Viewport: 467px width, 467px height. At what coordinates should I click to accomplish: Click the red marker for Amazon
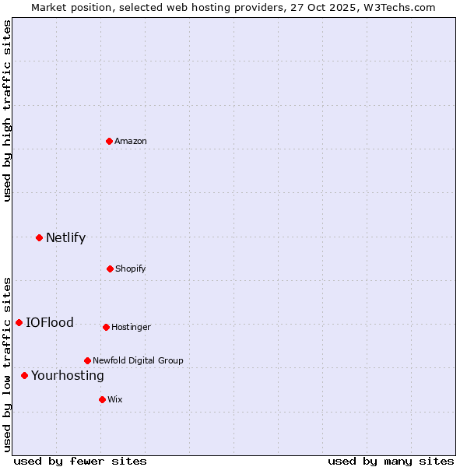tap(109, 141)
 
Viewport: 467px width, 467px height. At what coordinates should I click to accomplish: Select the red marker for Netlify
tap(39, 237)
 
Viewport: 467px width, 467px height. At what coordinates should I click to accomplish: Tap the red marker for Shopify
tap(110, 269)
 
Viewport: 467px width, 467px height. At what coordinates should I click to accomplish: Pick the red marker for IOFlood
tap(19, 322)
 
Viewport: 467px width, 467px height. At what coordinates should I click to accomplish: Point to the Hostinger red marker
tap(106, 327)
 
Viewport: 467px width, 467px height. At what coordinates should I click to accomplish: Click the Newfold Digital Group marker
tap(87, 360)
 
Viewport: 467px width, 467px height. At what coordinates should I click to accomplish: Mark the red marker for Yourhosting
tap(24, 375)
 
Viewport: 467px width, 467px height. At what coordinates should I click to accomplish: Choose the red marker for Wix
tap(102, 399)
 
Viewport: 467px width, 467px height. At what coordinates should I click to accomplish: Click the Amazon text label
tap(131, 141)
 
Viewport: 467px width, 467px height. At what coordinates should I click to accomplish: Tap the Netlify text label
tap(65, 237)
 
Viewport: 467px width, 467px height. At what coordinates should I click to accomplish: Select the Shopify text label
tap(131, 269)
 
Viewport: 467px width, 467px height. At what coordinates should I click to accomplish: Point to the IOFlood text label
tap(50, 322)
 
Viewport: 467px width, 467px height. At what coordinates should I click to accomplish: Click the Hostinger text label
tap(131, 327)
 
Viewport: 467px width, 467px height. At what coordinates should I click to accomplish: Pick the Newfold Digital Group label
tap(138, 360)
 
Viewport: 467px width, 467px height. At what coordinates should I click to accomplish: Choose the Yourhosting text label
tap(67, 375)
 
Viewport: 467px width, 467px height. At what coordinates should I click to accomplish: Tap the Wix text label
tap(115, 399)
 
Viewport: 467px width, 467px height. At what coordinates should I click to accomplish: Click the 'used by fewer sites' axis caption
tap(80, 461)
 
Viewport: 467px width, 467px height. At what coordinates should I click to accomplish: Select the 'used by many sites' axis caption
tap(391, 461)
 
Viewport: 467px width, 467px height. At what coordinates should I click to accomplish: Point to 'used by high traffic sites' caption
tap(7, 111)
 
